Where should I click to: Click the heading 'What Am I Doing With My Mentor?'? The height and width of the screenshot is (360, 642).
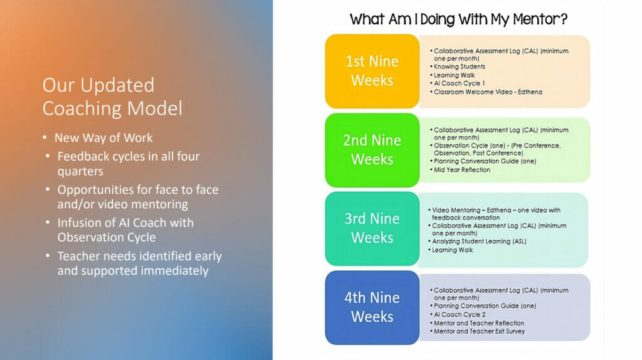[x=458, y=19]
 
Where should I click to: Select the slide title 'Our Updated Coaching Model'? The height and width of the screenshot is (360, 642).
[x=112, y=97]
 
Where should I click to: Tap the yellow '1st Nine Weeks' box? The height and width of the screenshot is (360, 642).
[x=372, y=71]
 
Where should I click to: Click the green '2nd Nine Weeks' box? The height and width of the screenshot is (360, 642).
[x=372, y=150]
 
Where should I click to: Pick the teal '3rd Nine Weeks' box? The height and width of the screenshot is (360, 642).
[x=372, y=228]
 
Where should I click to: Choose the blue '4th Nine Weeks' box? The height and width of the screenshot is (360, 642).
[x=372, y=307]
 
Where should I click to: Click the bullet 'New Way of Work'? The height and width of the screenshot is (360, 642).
[x=103, y=137]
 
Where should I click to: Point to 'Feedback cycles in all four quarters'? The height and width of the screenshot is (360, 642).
[x=128, y=163]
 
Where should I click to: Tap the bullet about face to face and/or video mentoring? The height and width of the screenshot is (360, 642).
[x=137, y=196]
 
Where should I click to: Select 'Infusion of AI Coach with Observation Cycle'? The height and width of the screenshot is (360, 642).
[x=125, y=230]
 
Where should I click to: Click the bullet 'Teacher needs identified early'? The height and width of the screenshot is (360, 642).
[x=139, y=263]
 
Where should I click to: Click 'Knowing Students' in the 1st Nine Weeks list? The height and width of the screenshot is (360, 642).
[x=460, y=66]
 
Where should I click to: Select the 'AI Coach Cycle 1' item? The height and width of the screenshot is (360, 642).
[x=460, y=83]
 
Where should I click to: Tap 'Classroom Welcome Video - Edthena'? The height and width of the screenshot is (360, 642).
[x=488, y=92]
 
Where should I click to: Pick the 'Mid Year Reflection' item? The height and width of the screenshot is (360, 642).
[x=462, y=170]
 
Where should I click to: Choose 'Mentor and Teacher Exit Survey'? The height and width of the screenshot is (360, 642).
[x=480, y=331]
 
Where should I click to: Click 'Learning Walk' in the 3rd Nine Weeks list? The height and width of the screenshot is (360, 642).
[x=453, y=250]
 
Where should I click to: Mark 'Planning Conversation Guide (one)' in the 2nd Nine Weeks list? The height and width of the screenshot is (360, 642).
[x=485, y=161]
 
